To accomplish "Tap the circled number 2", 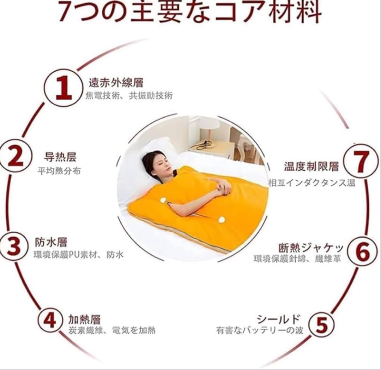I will click(x=15, y=157).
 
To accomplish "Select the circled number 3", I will click(x=13, y=246).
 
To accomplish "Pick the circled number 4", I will click(x=50, y=320).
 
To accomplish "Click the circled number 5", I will click(x=321, y=325).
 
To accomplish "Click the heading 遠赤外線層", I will click(x=116, y=83).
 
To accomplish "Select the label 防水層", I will click(x=51, y=243).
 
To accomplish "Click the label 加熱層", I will click(x=84, y=320).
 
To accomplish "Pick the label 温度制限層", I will click(x=312, y=166).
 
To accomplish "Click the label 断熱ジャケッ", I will click(x=311, y=248).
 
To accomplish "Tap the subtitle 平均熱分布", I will click(x=59, y=171).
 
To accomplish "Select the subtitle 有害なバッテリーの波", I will click(x=260, y=331).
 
